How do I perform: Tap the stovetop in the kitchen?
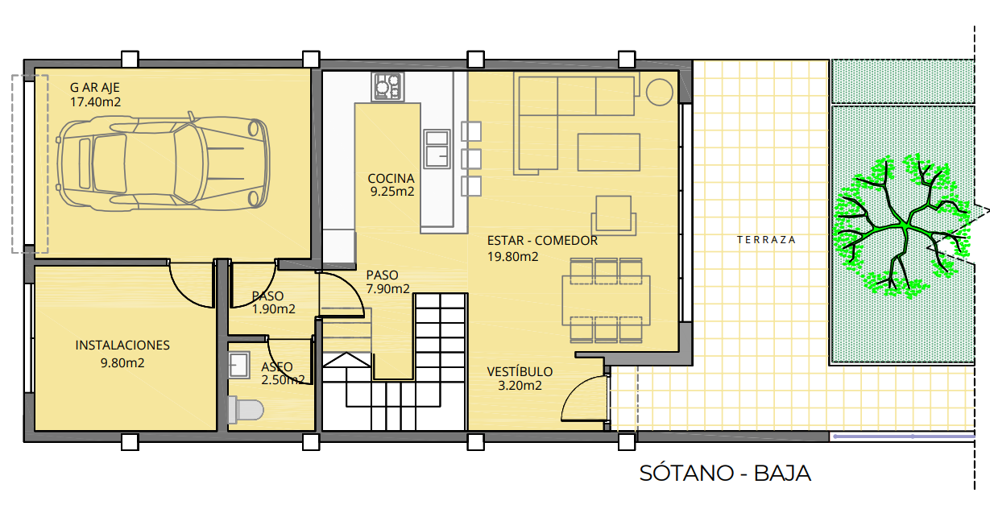[388, 87]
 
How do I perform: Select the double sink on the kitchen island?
[437, 149]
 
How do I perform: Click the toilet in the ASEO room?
[246, 410]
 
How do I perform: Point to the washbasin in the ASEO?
[239, 365]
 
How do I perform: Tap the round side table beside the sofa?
[660, 93]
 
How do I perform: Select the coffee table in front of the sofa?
[609, 152]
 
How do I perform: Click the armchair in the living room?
[614, 215]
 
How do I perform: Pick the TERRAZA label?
[766, 240]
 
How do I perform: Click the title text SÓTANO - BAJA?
[725, 474]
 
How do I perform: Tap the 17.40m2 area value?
[96, 102]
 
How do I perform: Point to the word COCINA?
[391, 179]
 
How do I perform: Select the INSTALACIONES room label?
[122, 345]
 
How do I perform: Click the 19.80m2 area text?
[512, 257]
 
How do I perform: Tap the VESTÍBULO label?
[520, 371]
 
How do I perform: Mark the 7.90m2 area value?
[387, 289]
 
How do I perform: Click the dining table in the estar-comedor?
[606, 300]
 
